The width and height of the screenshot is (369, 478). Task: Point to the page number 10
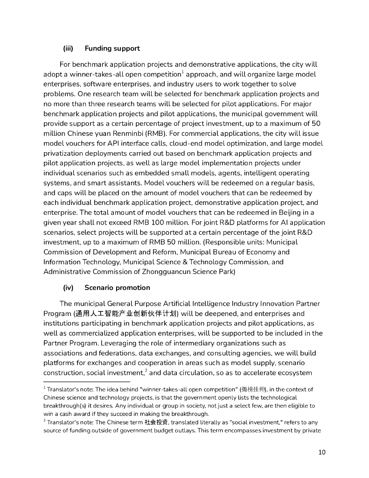pos(322,452)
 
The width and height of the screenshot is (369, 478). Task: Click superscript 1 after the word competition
pos(182,72)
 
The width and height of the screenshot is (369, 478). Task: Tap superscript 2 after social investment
pos(146,370)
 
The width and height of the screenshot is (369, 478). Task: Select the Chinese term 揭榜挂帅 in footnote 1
pos(251,389)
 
